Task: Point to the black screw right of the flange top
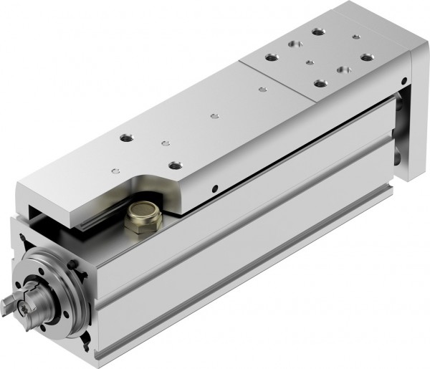[76, 266]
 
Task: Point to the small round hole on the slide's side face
[214, 189]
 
